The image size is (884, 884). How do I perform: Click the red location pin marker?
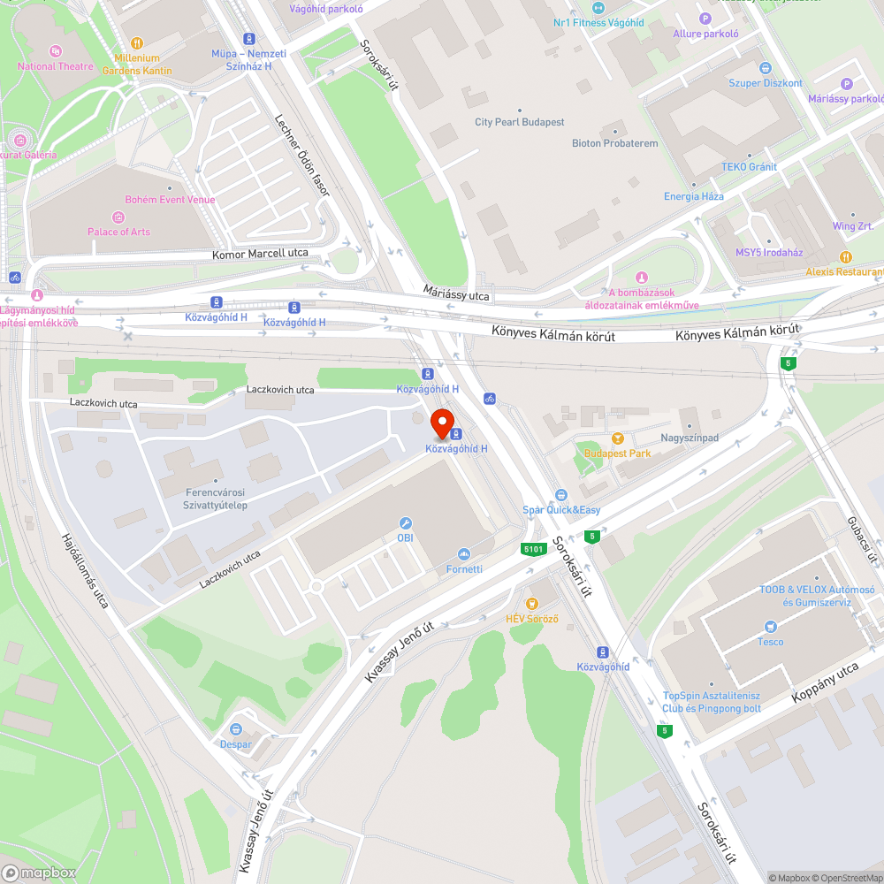(442, 423)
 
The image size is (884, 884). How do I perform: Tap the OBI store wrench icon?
(406, 523)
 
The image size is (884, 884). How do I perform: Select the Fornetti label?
(464, 568)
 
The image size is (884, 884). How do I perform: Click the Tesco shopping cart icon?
(770, 627)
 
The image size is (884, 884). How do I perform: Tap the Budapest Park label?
(617, 453)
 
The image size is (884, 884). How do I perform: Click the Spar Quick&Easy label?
(561, 510)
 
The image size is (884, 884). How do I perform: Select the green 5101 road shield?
(532, 549)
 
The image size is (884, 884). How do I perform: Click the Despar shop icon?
(236, 729)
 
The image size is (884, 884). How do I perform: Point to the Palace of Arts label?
(118, 232)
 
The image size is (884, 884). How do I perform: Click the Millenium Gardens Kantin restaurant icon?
(137, 42)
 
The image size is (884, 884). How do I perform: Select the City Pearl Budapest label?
(519, 122)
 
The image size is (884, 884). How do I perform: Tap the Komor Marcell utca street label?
(261, 254)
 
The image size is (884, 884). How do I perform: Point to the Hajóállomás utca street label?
(85, 571)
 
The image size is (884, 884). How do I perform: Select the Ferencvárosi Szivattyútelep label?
(217, 499)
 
